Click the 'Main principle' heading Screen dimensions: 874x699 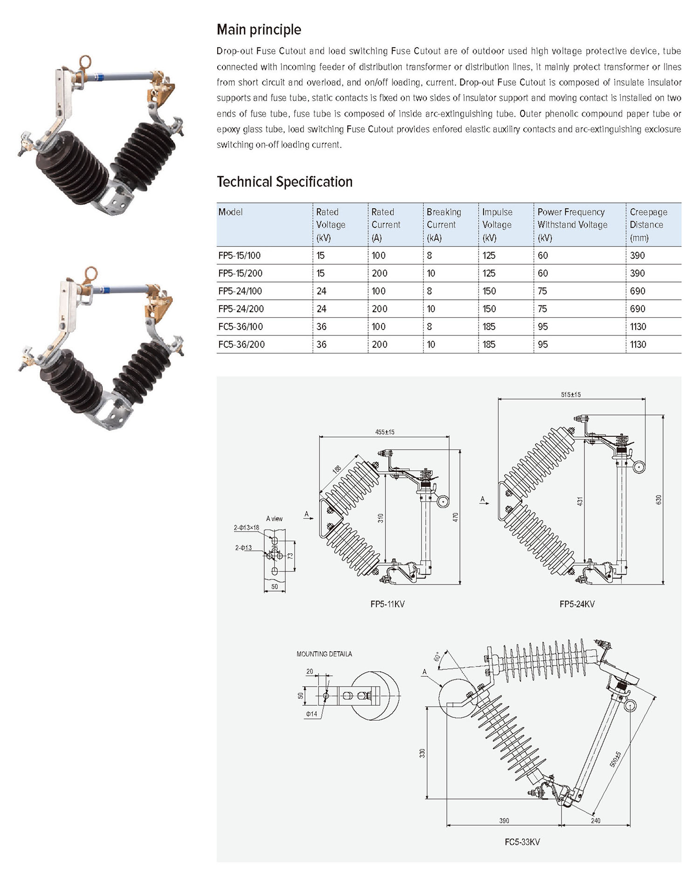(x=259, y=30)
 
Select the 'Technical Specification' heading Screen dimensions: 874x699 (x=284, y=182)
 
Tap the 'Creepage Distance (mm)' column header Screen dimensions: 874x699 (x=648, y=225)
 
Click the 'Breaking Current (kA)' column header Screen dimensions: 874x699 (x=444, y=225)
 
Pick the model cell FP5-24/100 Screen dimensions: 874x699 (x=240, y=291)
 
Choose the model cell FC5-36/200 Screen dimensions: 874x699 (x=241, y=344)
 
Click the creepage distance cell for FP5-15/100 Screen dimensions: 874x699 (x=637, y=255)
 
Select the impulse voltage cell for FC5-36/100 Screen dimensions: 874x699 (x=489, y=327)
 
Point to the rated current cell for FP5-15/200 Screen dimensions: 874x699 (x=379, y=273)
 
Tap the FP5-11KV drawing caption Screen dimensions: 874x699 (x=387, y=604)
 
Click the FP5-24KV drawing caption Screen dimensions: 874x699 (x=577, y=604)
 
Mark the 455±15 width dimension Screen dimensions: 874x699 (x=384, y=432)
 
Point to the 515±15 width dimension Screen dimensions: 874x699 (x=571, y=394)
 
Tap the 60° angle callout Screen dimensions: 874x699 (x=436, y=657)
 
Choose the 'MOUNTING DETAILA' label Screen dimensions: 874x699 (x=324, y=654)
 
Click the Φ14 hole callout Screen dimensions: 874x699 (x=311, y=714)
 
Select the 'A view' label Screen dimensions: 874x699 (x=274, y=518)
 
